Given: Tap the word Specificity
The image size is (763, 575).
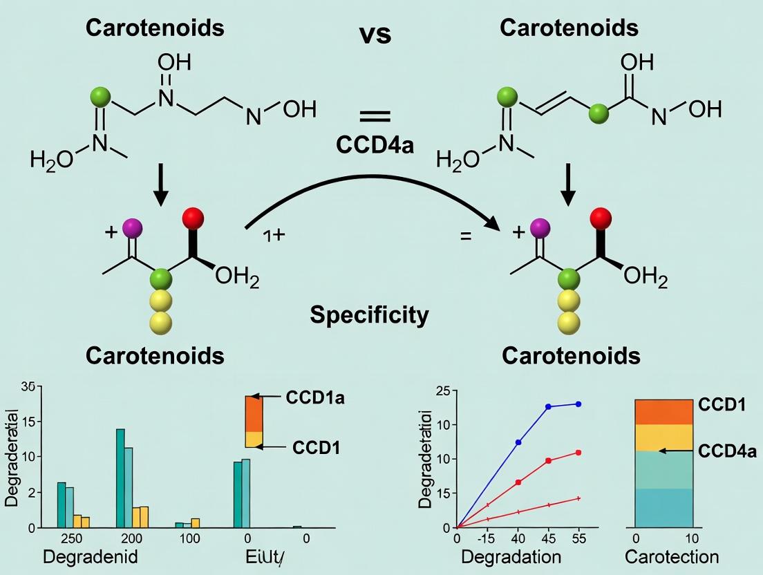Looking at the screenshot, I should (x=368, y=315).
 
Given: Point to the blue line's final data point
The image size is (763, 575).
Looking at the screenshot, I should (x=578, y=404).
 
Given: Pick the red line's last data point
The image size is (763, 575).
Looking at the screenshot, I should (x=578, y=453).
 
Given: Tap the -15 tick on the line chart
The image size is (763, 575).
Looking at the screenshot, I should (x=487, y=538).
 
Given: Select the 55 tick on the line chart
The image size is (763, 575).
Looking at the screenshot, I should (x=578, y=538).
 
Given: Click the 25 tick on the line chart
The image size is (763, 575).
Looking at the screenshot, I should (x=442, y=392).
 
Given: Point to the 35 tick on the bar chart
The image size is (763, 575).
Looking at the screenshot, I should (x=28, y=387).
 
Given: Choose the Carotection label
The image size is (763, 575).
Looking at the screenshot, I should (x=671, y=556).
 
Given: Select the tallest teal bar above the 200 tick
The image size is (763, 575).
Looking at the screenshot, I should (x=120, y=478).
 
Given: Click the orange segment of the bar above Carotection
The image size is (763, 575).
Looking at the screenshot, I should (x=663, y=412).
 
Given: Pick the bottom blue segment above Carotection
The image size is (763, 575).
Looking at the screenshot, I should (x=663, y=508).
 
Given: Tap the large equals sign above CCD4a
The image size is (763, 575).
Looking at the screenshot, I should (x=375, y=115).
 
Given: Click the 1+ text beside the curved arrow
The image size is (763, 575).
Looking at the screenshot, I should (x=274, y=235).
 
